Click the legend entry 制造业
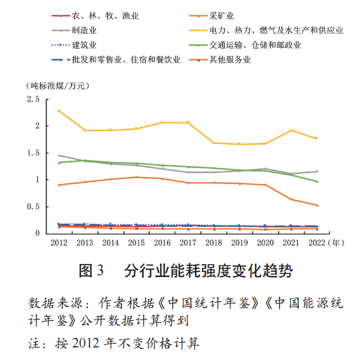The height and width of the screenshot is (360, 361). coord(84,31)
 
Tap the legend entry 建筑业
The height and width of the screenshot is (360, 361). coord(84,46)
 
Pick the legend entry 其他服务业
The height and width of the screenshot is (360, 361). coord(230,60)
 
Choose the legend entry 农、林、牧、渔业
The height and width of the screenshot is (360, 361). coord(105,16)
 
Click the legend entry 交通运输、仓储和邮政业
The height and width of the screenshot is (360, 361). coord(255,46)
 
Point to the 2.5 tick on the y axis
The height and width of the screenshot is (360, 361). coord(33,99)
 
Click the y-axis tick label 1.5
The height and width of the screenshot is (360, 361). coord(33,153)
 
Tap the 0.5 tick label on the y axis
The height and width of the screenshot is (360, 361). coord(33,207)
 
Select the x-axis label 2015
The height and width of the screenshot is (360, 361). coord(136,242)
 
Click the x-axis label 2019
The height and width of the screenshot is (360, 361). coord(239,242)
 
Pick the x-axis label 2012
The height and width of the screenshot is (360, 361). coord(59,242)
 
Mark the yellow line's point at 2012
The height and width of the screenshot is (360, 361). coord(59,111)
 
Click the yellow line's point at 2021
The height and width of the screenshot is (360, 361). coord(291,130)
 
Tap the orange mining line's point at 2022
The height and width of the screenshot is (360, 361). coord(317,205)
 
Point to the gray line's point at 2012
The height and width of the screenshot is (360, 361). coord(59,155)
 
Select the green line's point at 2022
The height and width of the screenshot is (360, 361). coord(317,181)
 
